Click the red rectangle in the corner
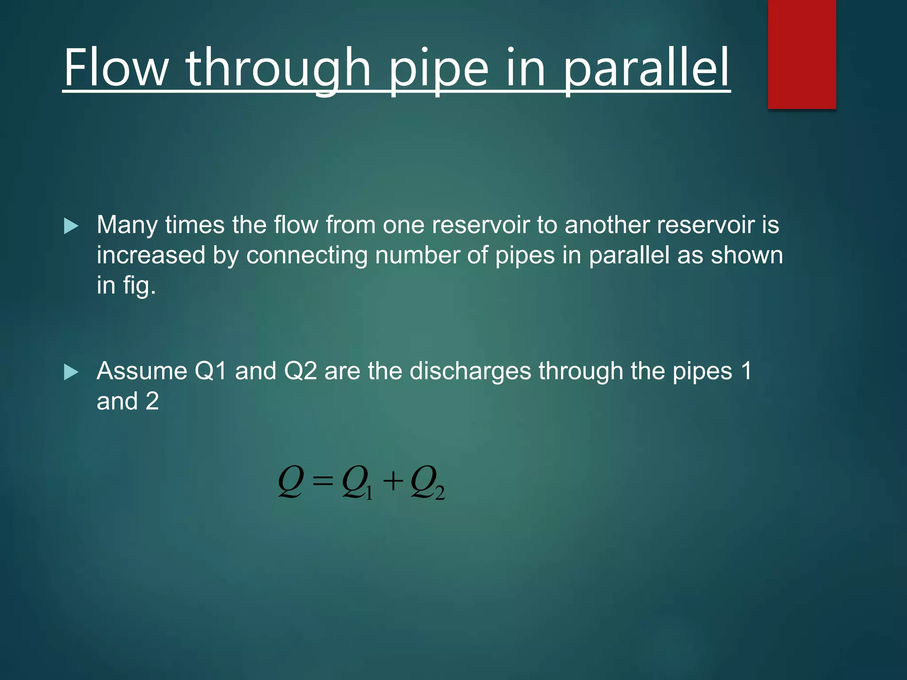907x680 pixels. pyautogui.click(x=802, y=54)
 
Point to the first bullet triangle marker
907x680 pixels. pyautogui.click(x=71, y=226)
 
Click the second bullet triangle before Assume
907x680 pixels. pyautogui.click(x=71, y=372)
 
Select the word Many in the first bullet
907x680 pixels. pyautogui.click(x=127, y=225)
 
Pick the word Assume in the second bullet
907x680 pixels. pyautogui.click(x=142, y=371)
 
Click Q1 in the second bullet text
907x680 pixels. pyautogui.click(x=211, y=371)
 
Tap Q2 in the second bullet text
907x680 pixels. pyautogui.click(x=300, y=371)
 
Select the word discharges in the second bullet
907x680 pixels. pyautogui.click(x=470, y=371)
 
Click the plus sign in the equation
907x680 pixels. pyautogui.click(x=393, y=481)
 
